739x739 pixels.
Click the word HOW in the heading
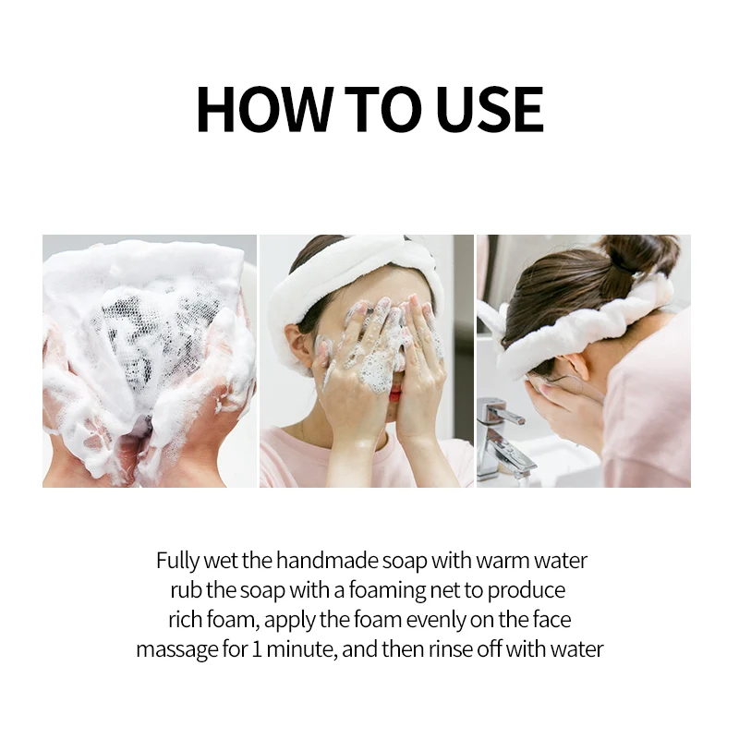(x=264, y=109)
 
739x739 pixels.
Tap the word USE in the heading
(x=490, y=109)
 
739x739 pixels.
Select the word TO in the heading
(x=382, y=109)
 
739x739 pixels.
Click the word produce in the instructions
(x=526, y=591)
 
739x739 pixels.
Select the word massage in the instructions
(x=177, y=650)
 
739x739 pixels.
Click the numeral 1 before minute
(x=257, y=649)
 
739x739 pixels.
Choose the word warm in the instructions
(x=502, y=562)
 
